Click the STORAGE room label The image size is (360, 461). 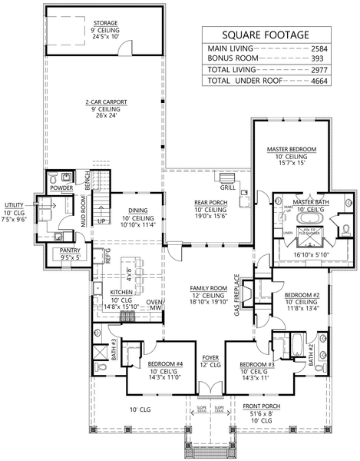pos(106,24)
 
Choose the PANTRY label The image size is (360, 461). pos(71,250)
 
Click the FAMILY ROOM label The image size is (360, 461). pos(204,288)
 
